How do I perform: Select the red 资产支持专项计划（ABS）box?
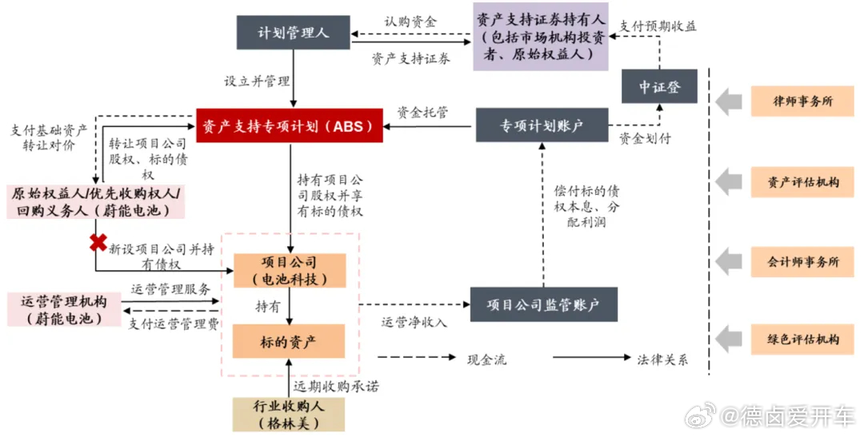click(x=290, y=126)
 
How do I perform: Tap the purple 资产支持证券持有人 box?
click(x=540, y=36)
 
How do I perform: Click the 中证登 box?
click(x=659, y=86)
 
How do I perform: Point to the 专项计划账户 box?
click(x=542, y=126)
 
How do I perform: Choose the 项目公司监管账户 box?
click(x=545, y=304)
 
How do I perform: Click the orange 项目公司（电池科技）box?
click(x=289, y=271)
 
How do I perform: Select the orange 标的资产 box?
click(x=289, y=341)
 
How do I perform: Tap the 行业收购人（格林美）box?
click(x=289, y=415)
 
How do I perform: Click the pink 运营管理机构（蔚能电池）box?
click(x=63, y=308)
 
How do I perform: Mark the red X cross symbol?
click(x=98, y=241)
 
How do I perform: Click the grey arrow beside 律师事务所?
click(x=729, y=101)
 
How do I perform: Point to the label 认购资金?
click(x=410, y=22)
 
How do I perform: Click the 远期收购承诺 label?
click(x=335, y=386)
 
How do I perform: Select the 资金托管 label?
click(x=422, y=111)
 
